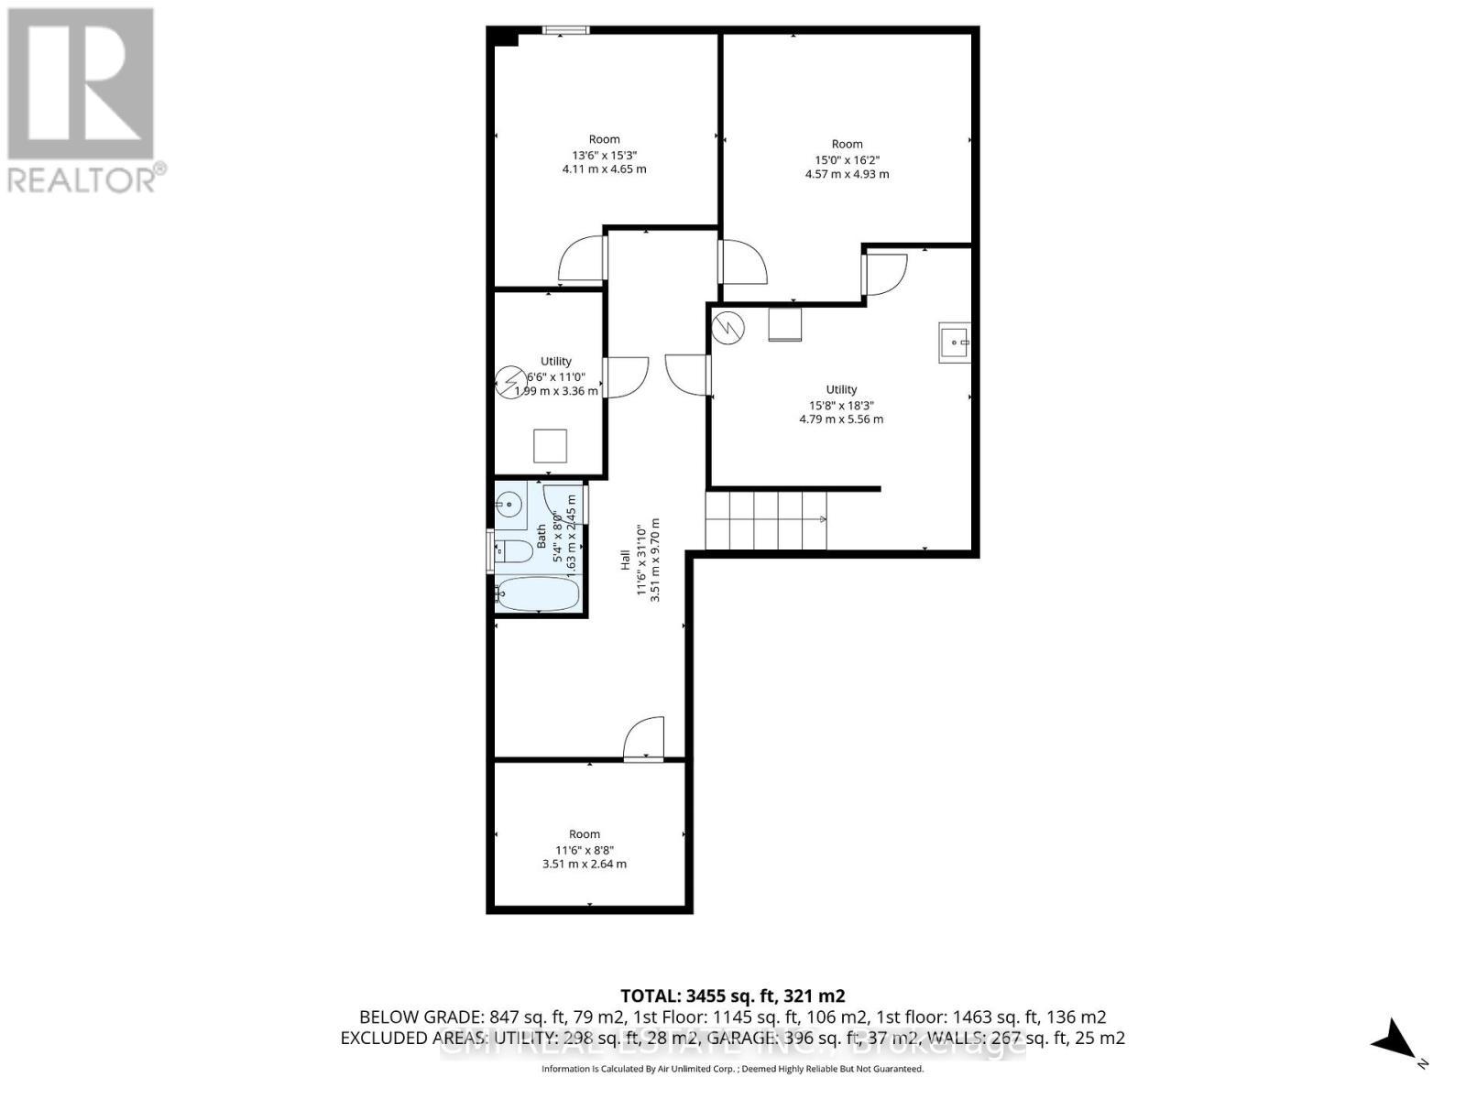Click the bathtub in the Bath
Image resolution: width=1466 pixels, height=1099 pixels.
(538, 593)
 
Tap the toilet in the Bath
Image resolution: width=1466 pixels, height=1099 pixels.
(513, 550)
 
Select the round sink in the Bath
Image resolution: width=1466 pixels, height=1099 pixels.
(509, 504)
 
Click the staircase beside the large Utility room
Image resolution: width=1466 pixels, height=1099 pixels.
(766, 520)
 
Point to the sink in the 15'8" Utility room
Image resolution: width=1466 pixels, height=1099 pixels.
(955, 343)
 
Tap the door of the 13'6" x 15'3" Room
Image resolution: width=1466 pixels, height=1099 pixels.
(583, 259)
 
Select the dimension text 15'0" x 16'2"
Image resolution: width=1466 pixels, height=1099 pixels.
(847, 159)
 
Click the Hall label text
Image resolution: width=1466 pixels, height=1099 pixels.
(625, 560)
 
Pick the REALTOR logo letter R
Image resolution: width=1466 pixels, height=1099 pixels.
(81, 84)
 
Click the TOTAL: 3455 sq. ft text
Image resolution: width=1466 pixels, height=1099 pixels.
(732, 996)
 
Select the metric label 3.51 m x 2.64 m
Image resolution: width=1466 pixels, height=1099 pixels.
(585, 864)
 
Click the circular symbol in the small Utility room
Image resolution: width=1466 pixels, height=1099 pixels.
(510, 382)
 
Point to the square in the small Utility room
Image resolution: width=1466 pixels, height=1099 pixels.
(551, 446)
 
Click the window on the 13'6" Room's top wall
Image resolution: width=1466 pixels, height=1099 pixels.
(565, 30)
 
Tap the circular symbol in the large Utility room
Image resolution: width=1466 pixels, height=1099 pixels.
(729, 328)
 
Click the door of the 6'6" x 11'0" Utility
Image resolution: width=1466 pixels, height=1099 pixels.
(626, 376)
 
